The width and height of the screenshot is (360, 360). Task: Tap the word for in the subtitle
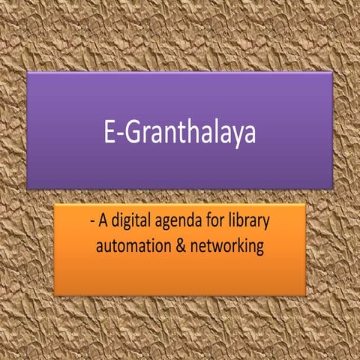coord(217,222)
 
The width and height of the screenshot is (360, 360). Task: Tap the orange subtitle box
coord(180,274)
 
